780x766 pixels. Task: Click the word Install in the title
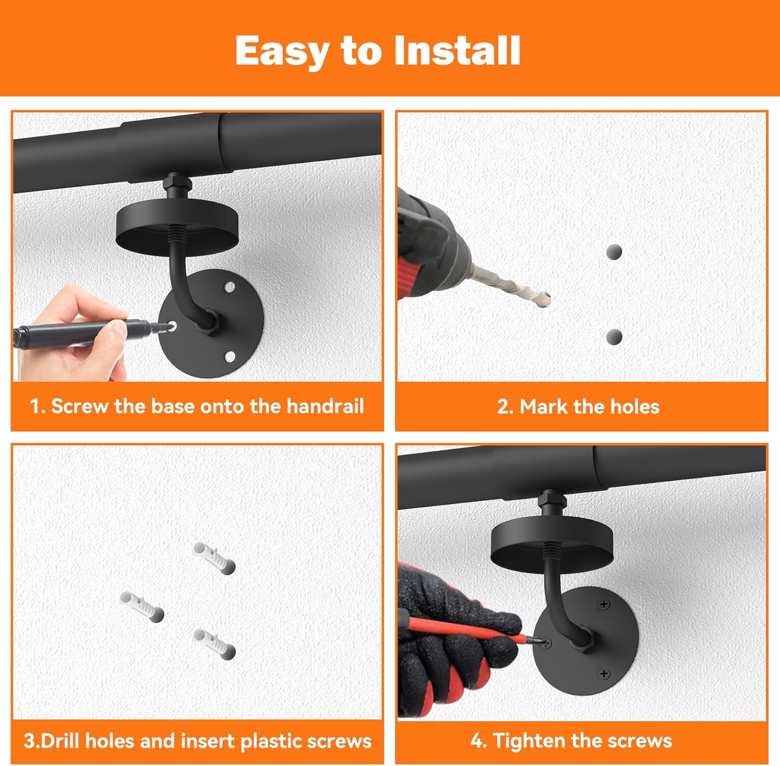tap(457, 50)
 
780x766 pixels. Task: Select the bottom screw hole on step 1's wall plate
tap(229, 357)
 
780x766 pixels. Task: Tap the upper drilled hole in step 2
tap(614, 252)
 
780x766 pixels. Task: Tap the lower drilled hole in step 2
tap(614, 336)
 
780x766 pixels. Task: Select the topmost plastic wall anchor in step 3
tap(214, 557)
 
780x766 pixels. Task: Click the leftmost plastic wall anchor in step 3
tap(141, 606)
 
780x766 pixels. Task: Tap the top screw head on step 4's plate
tap(604, 604)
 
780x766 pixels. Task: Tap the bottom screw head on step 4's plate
tap(604, 674)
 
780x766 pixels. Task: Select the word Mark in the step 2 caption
tap(543, 407)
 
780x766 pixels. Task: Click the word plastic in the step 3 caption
tap(272, 741)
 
